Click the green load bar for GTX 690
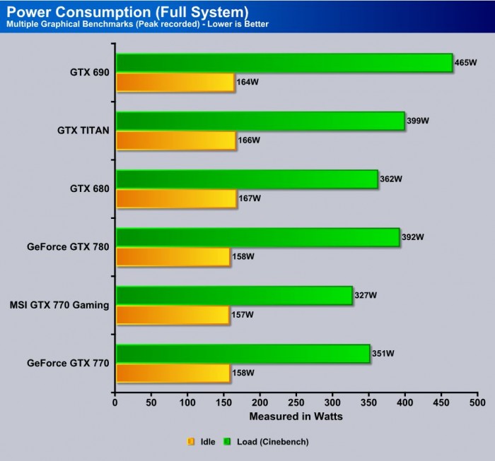(283, 63)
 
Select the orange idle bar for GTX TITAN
(175, 140)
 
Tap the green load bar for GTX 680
(246, 179)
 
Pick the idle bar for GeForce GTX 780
(173, 256)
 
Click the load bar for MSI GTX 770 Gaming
(233, 295)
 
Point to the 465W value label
(467, 63)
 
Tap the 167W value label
(250, 198)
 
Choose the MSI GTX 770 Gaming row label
(59, 305)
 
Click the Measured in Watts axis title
(296, 416)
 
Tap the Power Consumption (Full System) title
(127, 11)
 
